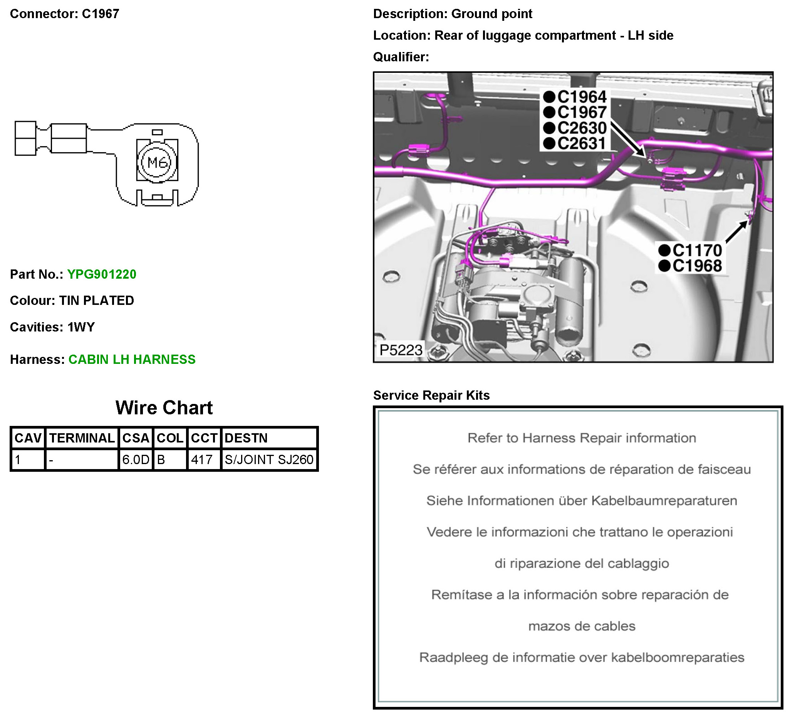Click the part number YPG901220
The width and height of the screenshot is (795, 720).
[102, 274]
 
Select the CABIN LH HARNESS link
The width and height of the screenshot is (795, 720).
[132, 359]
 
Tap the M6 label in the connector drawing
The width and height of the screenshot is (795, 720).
[157, 162]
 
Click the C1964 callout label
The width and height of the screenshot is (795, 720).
[581, 97]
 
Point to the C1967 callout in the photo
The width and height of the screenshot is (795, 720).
[581, 113]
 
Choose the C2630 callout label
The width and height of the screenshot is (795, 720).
[581, 128]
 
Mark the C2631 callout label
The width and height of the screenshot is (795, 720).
[581, 144]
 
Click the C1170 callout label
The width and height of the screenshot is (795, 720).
[697, 251]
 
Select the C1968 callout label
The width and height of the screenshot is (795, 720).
[697, 266]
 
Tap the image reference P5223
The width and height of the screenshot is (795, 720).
[401, 350]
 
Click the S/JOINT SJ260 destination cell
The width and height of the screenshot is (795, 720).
[269, 459]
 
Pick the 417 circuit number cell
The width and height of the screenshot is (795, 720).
[202, 459]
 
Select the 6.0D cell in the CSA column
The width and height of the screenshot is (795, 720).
[136, 459]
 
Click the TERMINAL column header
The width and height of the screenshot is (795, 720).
[82, 438]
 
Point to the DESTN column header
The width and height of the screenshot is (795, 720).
[246, 438]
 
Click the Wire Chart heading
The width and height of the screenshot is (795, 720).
[164, 407]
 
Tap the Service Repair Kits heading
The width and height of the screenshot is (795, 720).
[431, 395]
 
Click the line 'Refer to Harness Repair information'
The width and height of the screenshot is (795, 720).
[582, 438]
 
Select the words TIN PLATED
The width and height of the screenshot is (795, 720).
[97, 301]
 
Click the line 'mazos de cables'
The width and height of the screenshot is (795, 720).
[582, 626]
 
